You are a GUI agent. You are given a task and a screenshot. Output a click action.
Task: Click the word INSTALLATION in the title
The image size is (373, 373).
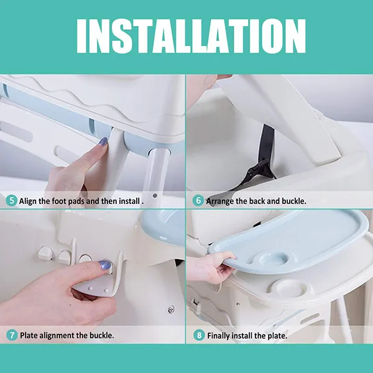[191, 36]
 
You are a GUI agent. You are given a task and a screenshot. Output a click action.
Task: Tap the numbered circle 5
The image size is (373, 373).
[11, 201]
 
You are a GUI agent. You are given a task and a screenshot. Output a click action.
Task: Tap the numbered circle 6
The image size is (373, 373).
[198, 201]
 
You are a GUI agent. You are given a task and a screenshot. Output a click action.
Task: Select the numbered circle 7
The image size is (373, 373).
[12, 335]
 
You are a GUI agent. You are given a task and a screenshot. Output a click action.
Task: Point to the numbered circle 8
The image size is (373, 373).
[199, 336]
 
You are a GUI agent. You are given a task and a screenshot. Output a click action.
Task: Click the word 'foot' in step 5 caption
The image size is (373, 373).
[60, 201]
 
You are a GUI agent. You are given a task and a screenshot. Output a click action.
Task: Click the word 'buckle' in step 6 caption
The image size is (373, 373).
[294, 201]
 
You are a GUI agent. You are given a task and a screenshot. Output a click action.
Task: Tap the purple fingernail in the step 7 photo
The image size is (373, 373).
[105, 265]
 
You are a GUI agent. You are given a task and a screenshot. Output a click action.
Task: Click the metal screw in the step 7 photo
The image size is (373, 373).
[170, 310]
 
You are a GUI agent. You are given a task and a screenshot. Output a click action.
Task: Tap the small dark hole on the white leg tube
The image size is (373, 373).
[155, 196]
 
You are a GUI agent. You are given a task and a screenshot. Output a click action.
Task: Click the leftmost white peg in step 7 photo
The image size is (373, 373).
[45, 253]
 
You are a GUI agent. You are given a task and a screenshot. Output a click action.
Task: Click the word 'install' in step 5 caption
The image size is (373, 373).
[129, 201]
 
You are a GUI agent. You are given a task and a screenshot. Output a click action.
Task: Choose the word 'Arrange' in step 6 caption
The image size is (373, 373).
[220, 201]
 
